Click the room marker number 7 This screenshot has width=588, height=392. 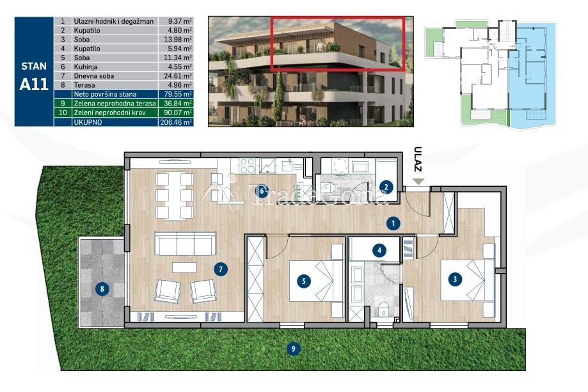[x=221, y=269]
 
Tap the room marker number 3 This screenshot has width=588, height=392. [x=456, y=279]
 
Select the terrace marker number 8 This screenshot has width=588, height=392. [x=102, y=288]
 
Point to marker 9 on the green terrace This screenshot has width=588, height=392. [x=293, y=349]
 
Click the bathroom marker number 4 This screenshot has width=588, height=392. [x=379, y=250]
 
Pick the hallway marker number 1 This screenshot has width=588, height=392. [x=393, y=224]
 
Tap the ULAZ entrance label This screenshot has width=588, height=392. [x=418, y=159]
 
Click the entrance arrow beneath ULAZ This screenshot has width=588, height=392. [x=418, y=182]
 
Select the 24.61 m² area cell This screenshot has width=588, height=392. [x=176, y=75]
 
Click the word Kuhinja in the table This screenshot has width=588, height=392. [x=86, y=67]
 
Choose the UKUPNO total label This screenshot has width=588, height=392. [x=88, y=122]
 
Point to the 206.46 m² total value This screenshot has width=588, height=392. [x=176, y=122]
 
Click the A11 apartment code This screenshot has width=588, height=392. [x=34, y=84]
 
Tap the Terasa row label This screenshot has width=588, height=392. [x=84, y=85]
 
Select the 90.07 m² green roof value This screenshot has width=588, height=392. [x=176, y=113]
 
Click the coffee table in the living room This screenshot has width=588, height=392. [x=184, y=267]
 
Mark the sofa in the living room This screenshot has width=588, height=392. [x=186, y=243]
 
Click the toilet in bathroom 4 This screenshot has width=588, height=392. [x=383, y=310]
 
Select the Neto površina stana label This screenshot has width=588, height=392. [x=105, y=95]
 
